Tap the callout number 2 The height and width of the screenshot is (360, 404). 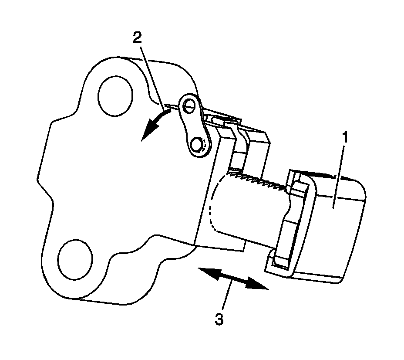click(x=137, y=38)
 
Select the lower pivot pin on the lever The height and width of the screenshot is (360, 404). click(x=199, y=143)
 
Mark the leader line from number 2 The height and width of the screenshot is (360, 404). click(x=150, y=74)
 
